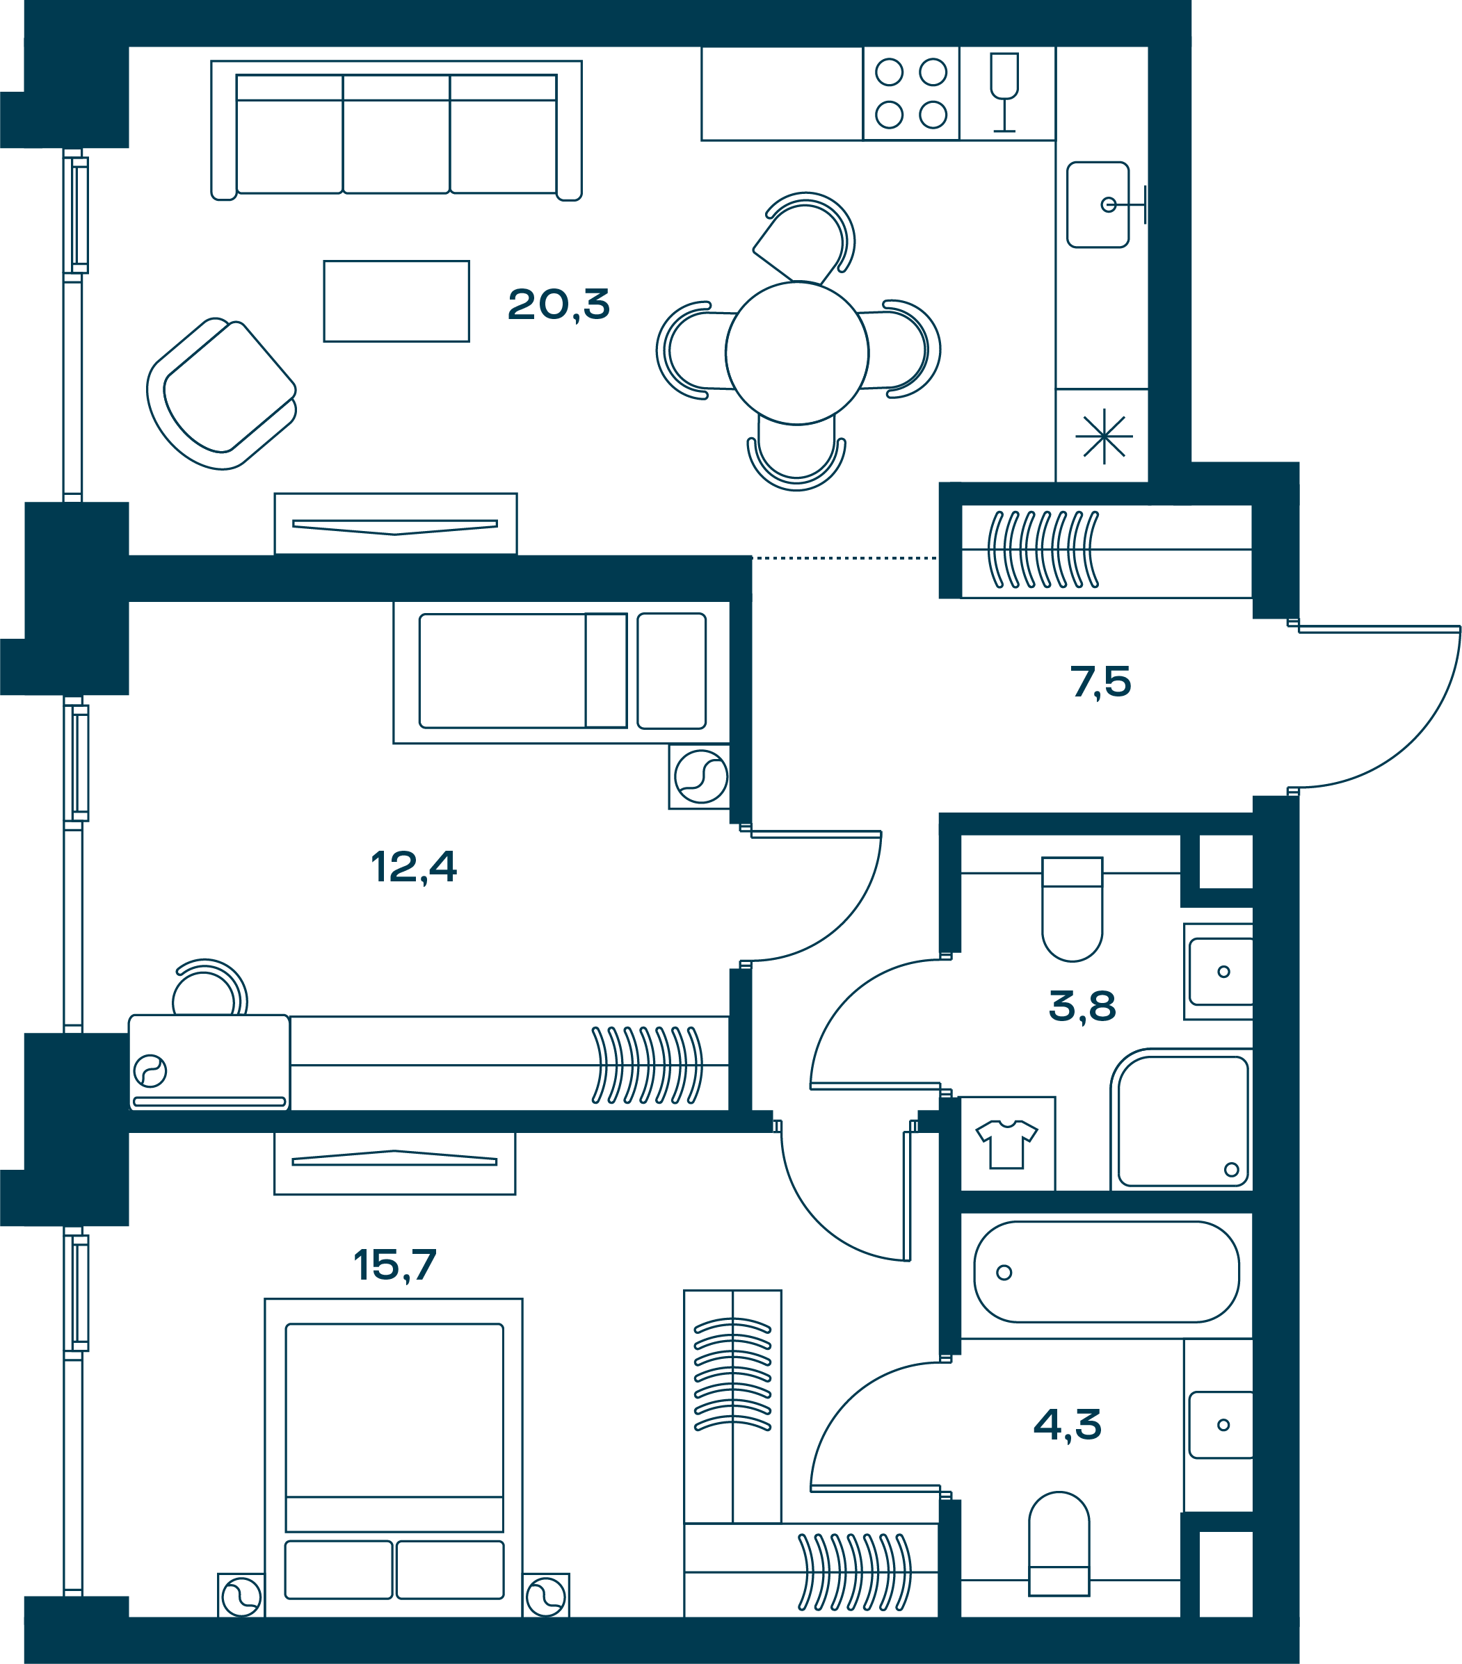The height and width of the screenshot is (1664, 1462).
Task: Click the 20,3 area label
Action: [x=558, y=305]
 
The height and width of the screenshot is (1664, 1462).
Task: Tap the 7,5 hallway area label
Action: [x=1100, y=681]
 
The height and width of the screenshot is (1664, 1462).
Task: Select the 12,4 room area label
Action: [x=414, y=867]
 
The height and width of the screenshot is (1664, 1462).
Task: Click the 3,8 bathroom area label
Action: [x=1082, y=1006]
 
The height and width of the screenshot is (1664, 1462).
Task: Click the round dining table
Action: [x=797, y=352]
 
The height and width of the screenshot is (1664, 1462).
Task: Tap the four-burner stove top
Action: [x=911, y=94]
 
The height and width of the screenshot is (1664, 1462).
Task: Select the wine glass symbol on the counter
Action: [x=1004, y=92]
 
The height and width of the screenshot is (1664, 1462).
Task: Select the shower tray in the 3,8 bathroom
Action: [x=1182, y=1120]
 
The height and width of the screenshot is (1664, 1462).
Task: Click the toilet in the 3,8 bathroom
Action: [x=1073, y=908]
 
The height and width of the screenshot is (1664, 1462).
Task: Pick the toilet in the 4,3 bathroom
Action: [x=1059, y=1544]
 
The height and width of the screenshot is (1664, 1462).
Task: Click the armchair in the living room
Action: [x=222, y=393]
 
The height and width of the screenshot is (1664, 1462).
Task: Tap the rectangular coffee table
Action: [x=396, y=301]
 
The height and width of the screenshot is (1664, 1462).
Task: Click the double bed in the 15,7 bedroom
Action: [x=394, y=1458]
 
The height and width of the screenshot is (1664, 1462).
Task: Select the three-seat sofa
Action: [x=396, y=130]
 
